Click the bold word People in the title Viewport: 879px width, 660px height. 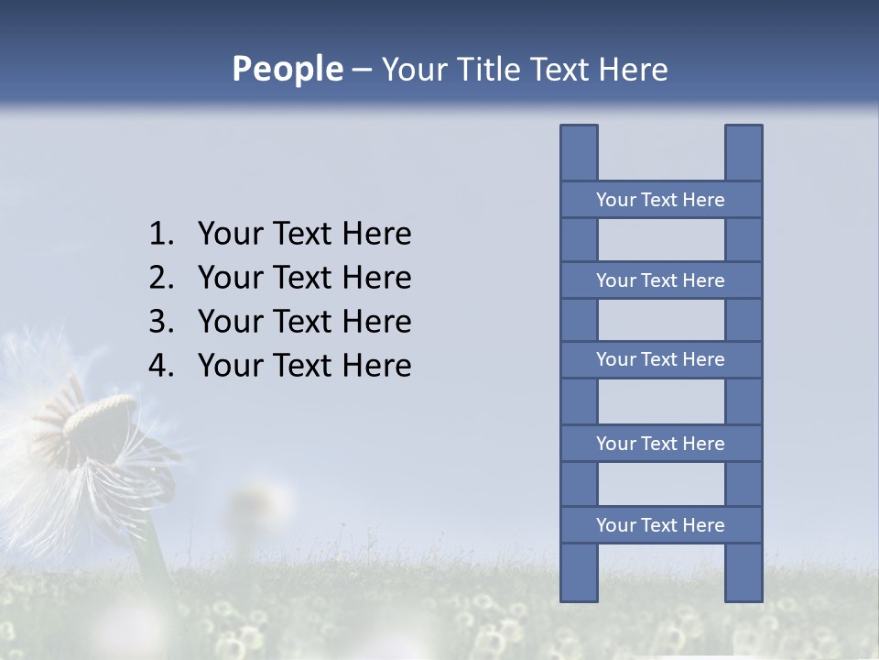pyautogui.click(x=287, y=69)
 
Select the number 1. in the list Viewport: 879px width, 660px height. pyautogui.click(x=161, y=235)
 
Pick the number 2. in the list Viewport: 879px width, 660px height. pyautogui.click(x=161, y=279)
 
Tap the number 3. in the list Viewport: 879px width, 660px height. pyautogui.click(x=161, y=323)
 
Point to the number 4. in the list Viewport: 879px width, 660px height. pyautogui.click(x=161, y=367)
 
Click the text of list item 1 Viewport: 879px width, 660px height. pyautogui.click(x=304, y=235)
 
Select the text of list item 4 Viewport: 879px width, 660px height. pyautogui.click(x=304, y=367)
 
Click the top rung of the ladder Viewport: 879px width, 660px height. pyautogui.click(x=660, y=200)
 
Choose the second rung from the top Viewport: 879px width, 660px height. pyautogui.click(x=660, y=280)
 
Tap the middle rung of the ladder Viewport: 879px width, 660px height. pyautogui.click(x=660, y=359)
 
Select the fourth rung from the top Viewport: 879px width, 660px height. pyautogui.click(x=660, y=444)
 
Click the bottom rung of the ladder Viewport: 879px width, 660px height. pyautogui.click(x=660, y=525)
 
